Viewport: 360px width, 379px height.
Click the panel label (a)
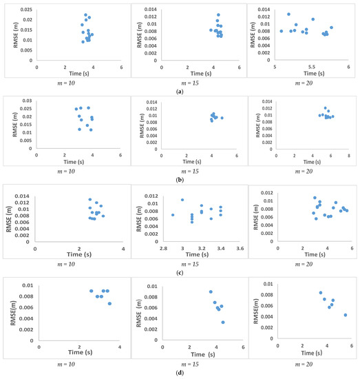coord(180,91)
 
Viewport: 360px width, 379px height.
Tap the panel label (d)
coord(180,372)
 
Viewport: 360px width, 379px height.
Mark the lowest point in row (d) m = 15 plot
coord(222,322)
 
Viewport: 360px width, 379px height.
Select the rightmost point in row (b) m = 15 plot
coord(222,118)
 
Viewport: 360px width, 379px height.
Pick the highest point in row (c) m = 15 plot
coord(182,200)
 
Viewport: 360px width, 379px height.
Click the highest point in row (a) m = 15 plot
coord(218,14)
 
